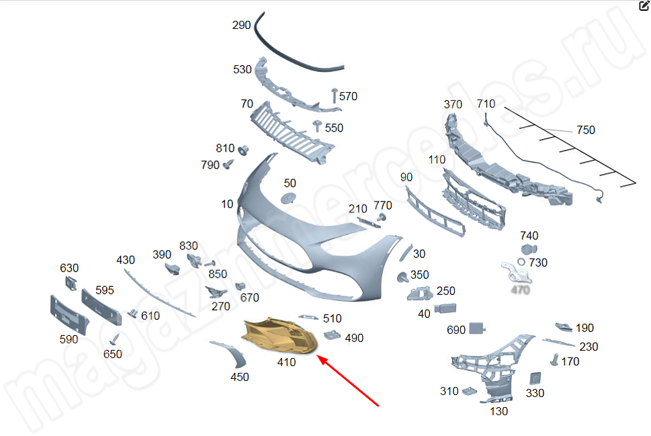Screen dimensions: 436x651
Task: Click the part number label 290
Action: tap(241, 26)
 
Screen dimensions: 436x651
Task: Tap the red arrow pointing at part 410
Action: tap(349, 383)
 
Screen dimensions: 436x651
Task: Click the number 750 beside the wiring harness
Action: tap(586, 130)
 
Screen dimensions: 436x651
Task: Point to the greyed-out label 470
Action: tap(521, 290)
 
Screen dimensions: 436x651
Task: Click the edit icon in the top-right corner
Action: tap(644, 5)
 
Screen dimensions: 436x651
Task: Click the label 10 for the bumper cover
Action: tap(227, 204)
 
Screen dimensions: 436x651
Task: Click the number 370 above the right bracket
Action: tap(453, 104)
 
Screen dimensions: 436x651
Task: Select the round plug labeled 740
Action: tap(527, 250)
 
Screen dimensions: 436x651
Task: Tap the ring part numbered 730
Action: tap(521, 262)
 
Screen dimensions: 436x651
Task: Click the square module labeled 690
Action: tap(478, 329)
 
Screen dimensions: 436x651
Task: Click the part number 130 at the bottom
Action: tap(498, 410)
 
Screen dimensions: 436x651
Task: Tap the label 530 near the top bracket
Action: tap(243, 69)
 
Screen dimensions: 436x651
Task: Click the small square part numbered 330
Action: tap(535, 378)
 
